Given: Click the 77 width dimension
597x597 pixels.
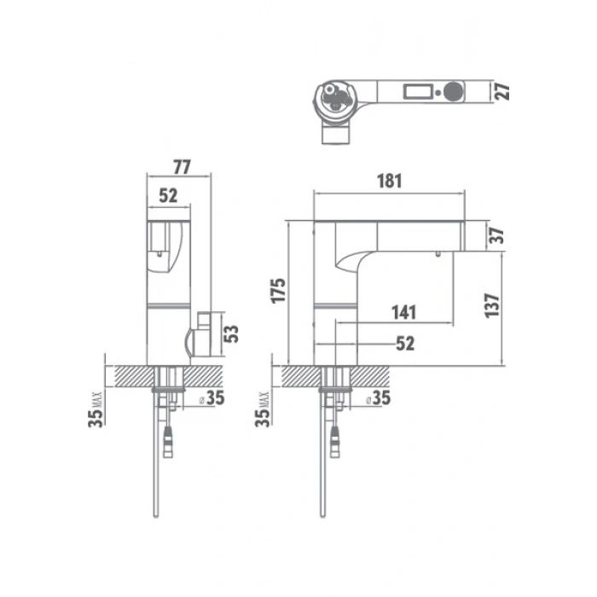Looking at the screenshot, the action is pos(182,167).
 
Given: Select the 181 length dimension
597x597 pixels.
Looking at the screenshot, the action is pos(390,181).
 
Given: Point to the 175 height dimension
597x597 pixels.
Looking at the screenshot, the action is pos(278,291).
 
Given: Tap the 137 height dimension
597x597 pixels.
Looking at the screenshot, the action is pos(492,305).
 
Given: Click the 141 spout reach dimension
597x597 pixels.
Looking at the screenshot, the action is pos(404,312).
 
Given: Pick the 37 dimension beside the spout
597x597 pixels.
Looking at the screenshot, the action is pos(496,235).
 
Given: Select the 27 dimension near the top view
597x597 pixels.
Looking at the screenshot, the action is pos(502,92).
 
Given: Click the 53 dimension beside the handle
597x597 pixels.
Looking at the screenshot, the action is pos(231,334).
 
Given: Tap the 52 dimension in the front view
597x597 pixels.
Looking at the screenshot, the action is pos(168,195).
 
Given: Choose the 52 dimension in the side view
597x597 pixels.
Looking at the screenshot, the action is pos(405,344).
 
